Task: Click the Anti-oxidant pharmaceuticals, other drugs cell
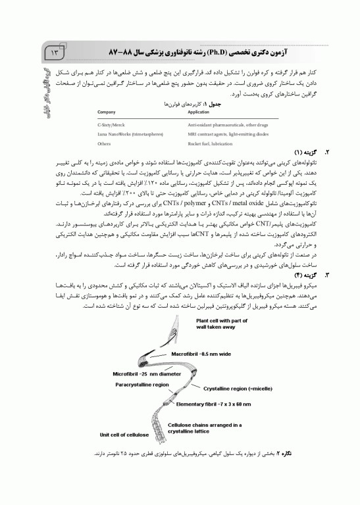224,124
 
